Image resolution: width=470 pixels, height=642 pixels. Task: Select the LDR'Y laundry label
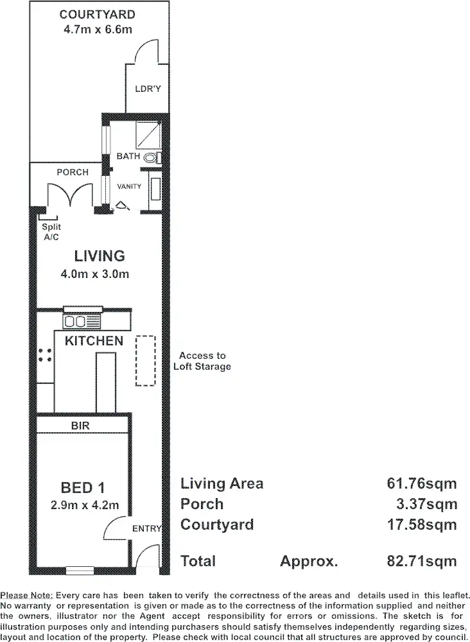(x=147, y=89)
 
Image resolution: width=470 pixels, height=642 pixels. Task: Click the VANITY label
(x=128, y=187)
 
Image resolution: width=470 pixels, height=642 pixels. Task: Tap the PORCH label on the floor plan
(x=72, y=173)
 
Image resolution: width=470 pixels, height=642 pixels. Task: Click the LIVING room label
(x=100, y=256)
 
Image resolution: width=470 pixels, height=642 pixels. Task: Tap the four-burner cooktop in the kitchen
(x=45, y=355)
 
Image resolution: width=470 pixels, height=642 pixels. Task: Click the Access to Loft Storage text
(x=202, y=361)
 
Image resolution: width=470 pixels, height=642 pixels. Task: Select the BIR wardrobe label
(x=81, y=426)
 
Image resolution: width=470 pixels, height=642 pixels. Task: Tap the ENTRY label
(x=146, y=528)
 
